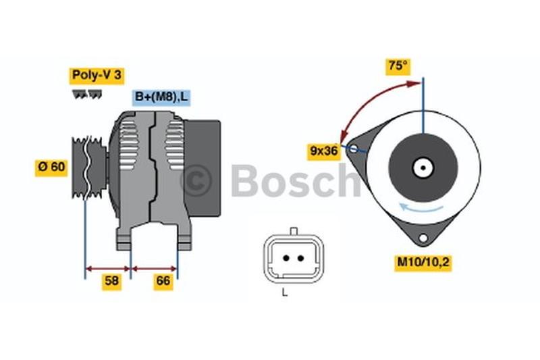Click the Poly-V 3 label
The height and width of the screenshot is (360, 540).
(97, 76)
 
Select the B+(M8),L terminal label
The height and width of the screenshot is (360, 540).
(161, 97)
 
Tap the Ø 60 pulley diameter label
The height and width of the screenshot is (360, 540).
(52, 168)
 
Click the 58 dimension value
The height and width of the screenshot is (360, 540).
(111, 281)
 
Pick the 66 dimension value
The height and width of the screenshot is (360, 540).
(163, 281)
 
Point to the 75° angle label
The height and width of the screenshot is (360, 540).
(398, 66)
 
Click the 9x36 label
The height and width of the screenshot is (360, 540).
(324, 151)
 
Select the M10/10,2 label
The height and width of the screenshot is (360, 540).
(423, 263)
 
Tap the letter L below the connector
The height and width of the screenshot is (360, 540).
(284, 293)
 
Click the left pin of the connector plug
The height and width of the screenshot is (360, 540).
(286, 258)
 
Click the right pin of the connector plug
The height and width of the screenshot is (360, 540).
(300, 258)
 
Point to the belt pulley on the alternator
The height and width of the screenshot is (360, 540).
(89, 168)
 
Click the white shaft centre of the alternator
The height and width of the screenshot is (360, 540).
(423, 168)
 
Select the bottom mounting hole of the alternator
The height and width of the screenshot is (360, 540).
(423, 238)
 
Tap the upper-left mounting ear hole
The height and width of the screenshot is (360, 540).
(354, 149)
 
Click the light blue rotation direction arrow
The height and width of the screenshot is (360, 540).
(421, 207)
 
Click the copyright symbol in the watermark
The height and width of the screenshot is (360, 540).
(196, 180)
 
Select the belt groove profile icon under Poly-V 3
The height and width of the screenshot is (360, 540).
(87, 95)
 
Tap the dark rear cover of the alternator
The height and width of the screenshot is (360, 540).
(202, 168)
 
